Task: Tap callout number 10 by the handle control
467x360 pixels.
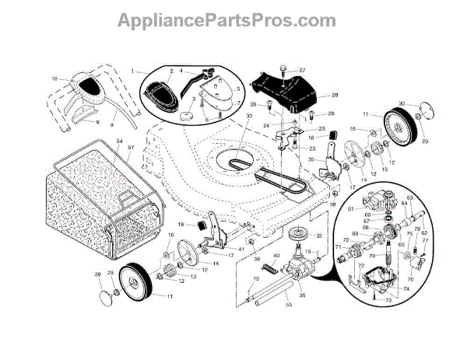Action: tap(55, 79)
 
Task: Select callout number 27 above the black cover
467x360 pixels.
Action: tap(302, 70)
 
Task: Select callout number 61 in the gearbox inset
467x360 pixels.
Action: tap(350, 208)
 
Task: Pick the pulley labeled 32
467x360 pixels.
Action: tap(298, 234)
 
